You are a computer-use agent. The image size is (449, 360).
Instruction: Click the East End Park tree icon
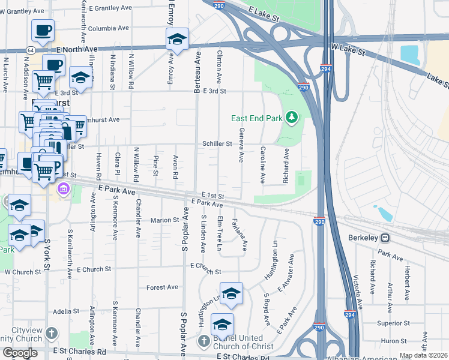[x=292, y=116]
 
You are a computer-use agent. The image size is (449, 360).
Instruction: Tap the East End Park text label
[x=257, y=118]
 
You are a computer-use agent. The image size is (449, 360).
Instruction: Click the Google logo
[x=20, y=353]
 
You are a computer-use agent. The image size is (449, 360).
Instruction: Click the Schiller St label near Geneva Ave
[x=217, y=144]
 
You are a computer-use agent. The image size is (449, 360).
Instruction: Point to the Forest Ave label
[x=163, y=287]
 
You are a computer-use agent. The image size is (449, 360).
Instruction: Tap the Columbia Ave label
[x=109, y=28]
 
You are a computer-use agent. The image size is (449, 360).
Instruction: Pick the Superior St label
[x=389, y=323]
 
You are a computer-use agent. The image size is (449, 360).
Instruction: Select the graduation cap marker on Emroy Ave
[x=177, y=40]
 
